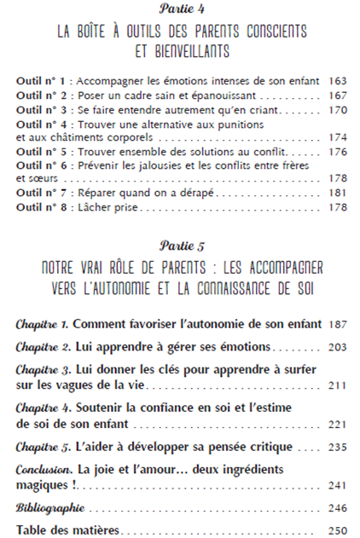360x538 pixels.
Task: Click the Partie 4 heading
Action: (x=180, y=9)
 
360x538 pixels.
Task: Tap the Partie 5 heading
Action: (x=180, y=247)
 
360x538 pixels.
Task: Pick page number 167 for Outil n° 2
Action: (x=337, y=95)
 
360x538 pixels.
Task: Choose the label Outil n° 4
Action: (x=39, y=124)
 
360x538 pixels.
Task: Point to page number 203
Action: (x=337, y=348)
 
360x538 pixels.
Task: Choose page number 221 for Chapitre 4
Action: (x=337, y=423)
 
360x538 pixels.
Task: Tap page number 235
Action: (x=337, y=447)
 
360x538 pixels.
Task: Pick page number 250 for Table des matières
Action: (x=337, y=529)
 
